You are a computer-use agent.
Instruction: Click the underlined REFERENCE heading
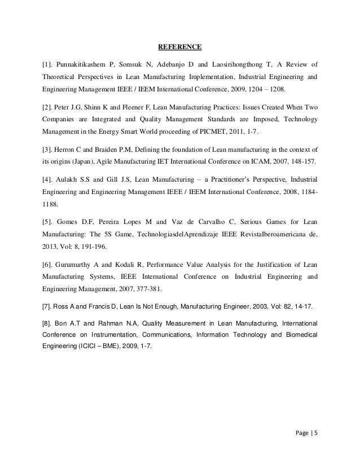[x=179, y=46]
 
